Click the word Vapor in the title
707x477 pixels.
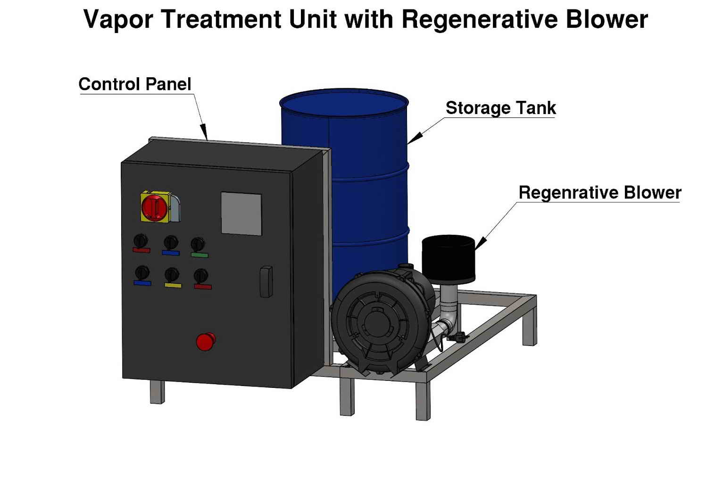pyautogui.click(x=118, y=20)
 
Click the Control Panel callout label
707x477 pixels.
pyautogui.click(x=135, y=84)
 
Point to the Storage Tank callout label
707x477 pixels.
pyautogui.click(x=500, y=108)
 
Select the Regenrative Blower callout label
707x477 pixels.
pyautogui.click(x=599, y=193)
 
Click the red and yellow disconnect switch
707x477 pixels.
pyautogui.click(x=155, y=206)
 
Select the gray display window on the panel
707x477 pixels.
pyautogui.click(x=241, y=213)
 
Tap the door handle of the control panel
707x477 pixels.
pyautogui.click(x=266, y=282)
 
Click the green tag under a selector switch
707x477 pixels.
pyautogui.click(x=200, y=255)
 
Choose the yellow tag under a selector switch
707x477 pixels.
pyautogui.click(x=173, y=285)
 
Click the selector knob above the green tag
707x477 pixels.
pyautogui.click(x=197, y=244)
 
